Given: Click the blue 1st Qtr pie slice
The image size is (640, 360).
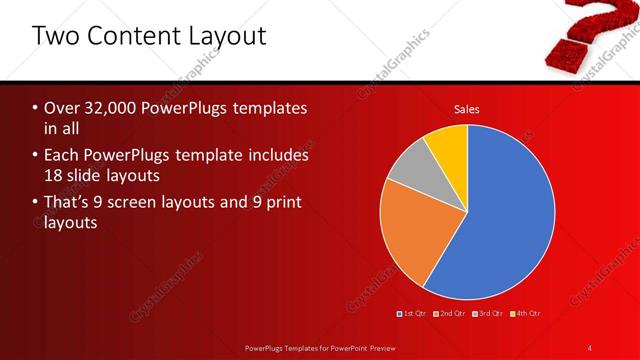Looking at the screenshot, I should click(x=505, y=220).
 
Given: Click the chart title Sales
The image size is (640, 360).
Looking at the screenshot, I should click(x=466, y=108).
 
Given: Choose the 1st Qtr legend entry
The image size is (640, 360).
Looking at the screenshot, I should click(x=414, y=313).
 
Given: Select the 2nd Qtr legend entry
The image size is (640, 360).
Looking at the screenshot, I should click(x=451, y=313).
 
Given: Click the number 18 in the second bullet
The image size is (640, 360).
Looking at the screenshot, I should click(x=55, y=176).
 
